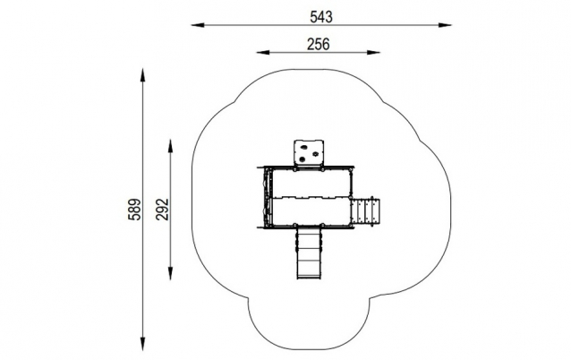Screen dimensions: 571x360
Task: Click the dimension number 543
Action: [321, 17]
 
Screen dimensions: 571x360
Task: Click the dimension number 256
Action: [319, 44]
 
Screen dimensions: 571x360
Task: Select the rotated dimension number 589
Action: [134, 210]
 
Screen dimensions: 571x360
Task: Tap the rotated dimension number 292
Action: [162, 210]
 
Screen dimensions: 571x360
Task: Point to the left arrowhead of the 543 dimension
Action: [198, 25]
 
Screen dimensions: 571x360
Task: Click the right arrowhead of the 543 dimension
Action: [445, 25]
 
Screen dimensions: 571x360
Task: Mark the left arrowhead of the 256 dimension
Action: [263, 53]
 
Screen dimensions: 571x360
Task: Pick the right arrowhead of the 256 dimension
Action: [373, 53]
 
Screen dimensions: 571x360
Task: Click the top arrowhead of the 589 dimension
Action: [142, 74]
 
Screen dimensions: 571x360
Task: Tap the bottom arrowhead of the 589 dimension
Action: [142, 345]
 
